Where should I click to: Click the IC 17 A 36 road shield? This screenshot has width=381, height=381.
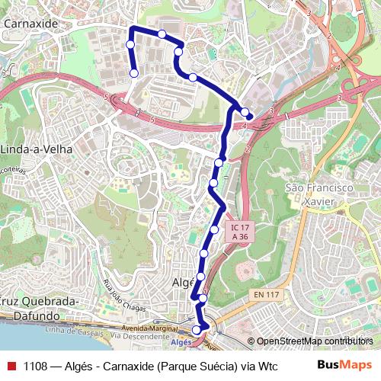point(240,232)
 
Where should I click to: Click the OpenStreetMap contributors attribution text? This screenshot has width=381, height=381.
point(314,341)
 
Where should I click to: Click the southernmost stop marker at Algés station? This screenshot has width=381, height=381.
point(197,329)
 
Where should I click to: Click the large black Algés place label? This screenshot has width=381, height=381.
point(184,282)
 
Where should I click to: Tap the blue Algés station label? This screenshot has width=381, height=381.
point(181,343)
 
